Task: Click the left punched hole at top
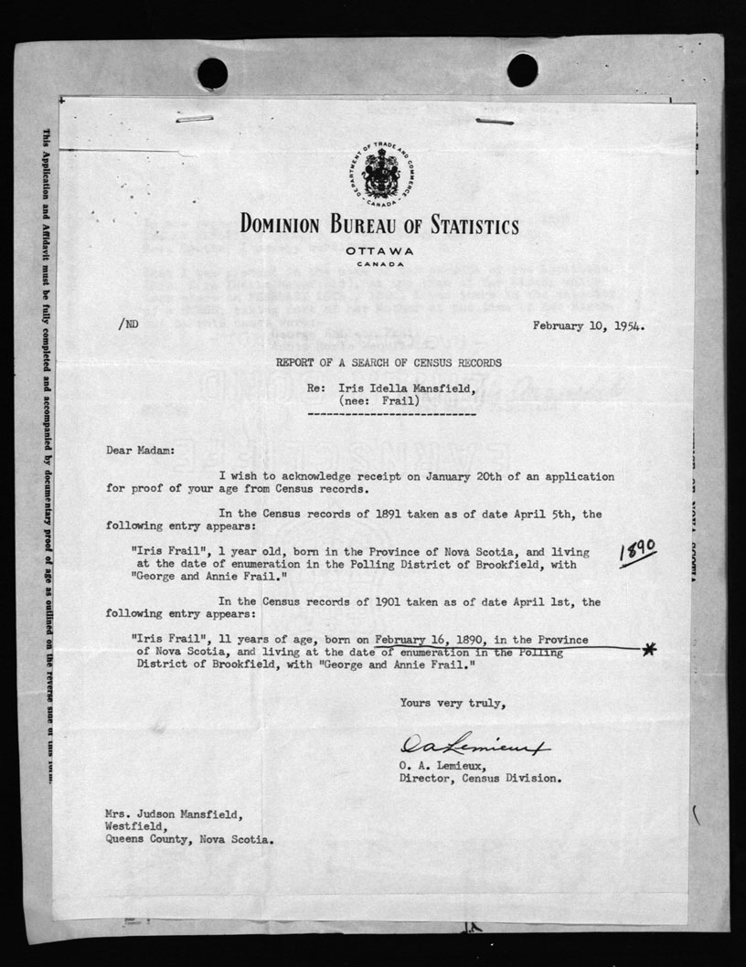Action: [x=212, y=73]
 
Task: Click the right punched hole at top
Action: [x=522, y=69]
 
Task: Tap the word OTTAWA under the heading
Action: [x=379, y=251]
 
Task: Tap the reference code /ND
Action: [x=128, y=324]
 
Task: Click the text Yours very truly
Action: [x=452, y=703]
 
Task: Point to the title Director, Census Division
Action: [x=480, y=780]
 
